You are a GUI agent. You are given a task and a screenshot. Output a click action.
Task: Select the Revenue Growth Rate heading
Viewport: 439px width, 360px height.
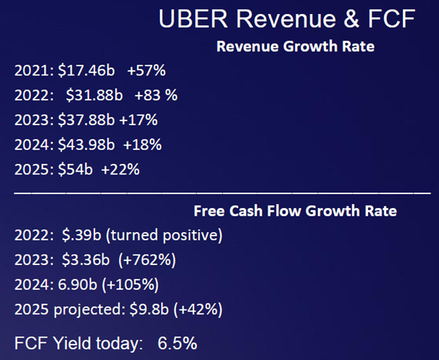point(295,47)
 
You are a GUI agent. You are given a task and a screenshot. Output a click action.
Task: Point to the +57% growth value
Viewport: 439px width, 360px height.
point(146,71)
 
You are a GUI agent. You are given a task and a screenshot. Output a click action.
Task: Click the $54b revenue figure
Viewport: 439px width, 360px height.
point(75,169)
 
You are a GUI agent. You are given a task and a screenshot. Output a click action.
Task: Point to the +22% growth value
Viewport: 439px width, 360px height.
point(121,169)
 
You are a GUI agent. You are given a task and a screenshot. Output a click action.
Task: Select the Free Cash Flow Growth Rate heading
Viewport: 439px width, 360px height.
point(295,211)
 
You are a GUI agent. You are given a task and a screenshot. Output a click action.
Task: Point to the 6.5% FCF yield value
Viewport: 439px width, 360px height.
point(177,343)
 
